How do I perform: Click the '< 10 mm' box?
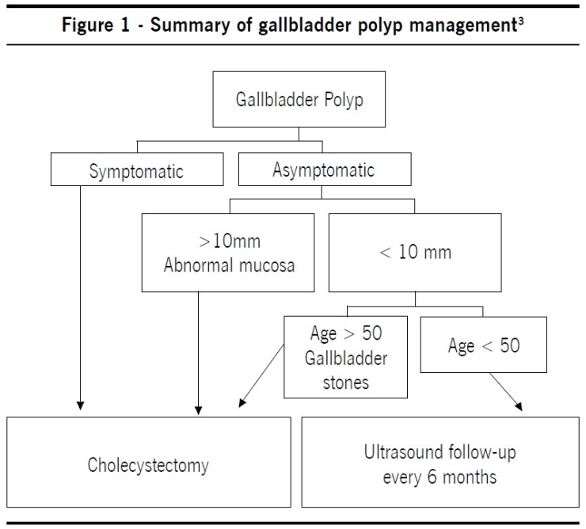(416, 253)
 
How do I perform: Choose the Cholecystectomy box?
(148, 464)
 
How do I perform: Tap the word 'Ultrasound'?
(401, 454)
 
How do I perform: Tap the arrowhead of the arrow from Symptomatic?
(79, 409)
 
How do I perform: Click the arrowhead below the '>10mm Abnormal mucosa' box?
(197, 409)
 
